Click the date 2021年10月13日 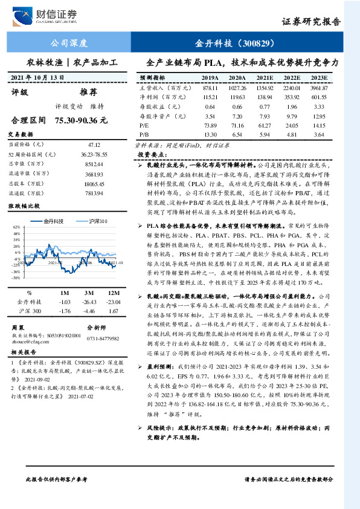pyautogui.click(x=45, y=78)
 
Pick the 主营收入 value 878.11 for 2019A pyautogui.click(x=210, y=88)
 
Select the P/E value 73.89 pyautogui.click(x=210, y=125)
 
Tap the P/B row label pyautogui.click(x=144, y=134)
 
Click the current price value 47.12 pyautogui.click(x=94, y=145)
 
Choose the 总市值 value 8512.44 pyautogui.click(x=94, y=163)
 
